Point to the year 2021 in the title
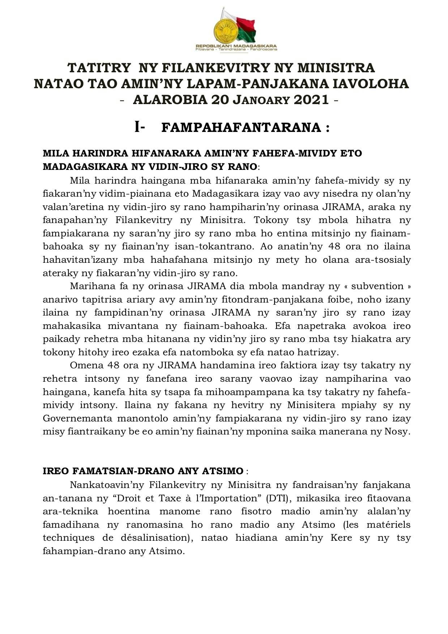click(x=311, y=99)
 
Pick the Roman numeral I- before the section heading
click(x=140, y=127)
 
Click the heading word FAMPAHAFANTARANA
click(x=241, y=128)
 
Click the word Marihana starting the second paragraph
click(x=89, y=286)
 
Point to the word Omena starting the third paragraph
click(x=85, y=365)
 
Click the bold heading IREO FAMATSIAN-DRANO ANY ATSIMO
click(x=143, y=471)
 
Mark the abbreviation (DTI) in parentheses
click(x=277, y=498)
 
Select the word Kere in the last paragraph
click(x=341, y=538)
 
